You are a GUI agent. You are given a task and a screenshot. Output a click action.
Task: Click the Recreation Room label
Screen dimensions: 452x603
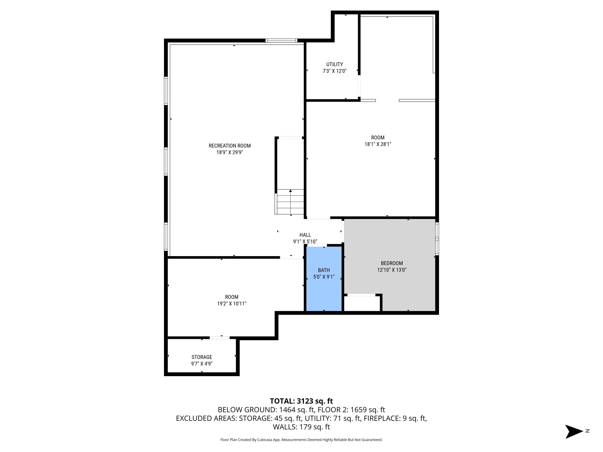coord(230,146)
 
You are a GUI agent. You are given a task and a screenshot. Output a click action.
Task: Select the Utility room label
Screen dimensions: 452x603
coord(334,64)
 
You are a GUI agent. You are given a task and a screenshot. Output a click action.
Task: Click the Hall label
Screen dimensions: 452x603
coord(305,235)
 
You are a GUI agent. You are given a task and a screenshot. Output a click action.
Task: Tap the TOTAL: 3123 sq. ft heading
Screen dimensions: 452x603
coord(301,401)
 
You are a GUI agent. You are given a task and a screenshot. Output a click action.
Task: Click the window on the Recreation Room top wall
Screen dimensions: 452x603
coord(281,41)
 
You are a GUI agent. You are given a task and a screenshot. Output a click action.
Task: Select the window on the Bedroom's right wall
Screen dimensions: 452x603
coord(437,239)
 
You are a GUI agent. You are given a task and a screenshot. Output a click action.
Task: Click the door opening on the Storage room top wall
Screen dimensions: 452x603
coord(219,338)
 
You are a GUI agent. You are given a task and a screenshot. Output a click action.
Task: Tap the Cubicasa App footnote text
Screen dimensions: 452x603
coord(301,440)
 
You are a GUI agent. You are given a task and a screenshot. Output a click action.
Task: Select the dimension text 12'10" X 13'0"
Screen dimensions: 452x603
coord(392,270)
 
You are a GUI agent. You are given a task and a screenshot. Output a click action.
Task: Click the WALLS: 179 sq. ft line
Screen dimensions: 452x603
coord(301,427)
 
